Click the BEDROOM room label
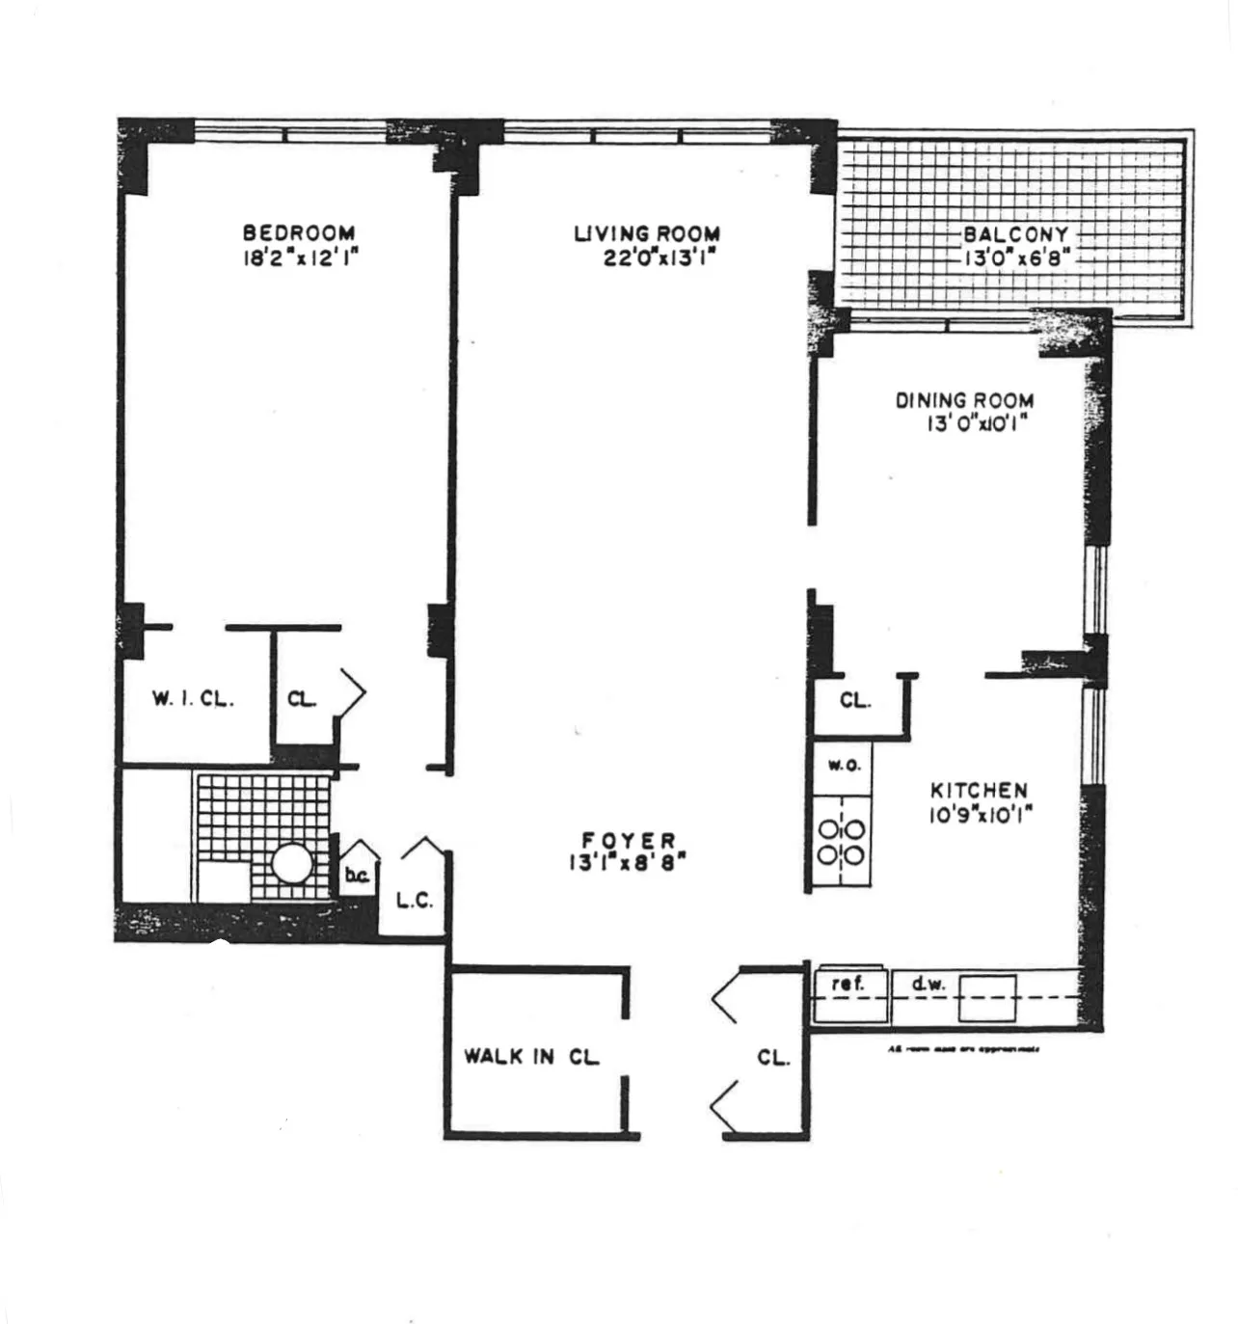click(x=298, y=232)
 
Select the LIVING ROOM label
click(x=647, y=233)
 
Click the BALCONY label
click(x=1015, y=234)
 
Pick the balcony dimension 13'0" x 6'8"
click(x=1016, y=257)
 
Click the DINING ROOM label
click(x=965, y=400)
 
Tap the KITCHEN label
click(x=979, y=791)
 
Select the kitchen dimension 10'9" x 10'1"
click(x=981, y=815)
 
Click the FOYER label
click(x=629, y=841)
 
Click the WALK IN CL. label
click(x=531, y=1056)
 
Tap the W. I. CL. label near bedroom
click(x=193, y=700)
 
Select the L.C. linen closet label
click(x=415, y=902)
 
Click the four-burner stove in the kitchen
click(x=842, y=842)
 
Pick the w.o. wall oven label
click(x=844, y=765)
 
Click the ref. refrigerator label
click(x=847, y=985)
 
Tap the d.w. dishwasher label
click(x=927, y=985)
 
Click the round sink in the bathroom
click(x=291, y=863)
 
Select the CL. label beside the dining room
click(x=854, y=701)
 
